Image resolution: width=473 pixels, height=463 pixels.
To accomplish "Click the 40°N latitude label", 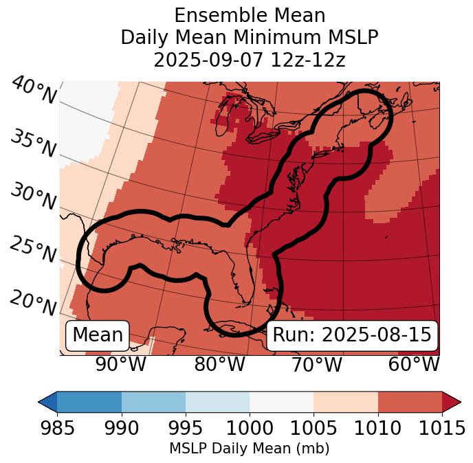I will point(34,91).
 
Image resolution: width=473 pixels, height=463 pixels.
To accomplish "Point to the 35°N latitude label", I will point(32,144).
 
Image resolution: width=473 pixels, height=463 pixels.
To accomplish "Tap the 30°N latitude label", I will point(32,196).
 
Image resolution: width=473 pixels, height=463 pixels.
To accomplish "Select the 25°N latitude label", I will point(32,250).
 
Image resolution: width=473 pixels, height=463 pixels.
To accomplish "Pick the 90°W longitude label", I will point(121,364).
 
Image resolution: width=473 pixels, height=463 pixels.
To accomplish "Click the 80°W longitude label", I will point(219,364).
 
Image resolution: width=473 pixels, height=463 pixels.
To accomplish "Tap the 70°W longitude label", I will point(316,364).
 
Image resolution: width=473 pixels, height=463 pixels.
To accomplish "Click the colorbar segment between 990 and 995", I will point(153,401).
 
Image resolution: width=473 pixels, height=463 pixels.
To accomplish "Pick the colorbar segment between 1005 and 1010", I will point(346,401).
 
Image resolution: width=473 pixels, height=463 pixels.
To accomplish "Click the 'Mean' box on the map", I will point(98,335).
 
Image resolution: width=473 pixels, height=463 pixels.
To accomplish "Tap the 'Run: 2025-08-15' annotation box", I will point(352,335).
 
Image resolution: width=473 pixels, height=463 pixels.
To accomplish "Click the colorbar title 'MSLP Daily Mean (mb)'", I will point(249,449).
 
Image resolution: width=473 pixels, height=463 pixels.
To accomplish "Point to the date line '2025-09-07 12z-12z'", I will point(249,60).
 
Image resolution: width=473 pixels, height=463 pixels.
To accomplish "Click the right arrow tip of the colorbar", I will point(459,401).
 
